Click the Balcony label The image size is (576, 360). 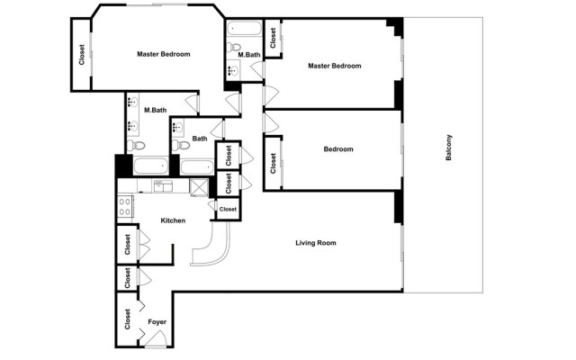449,148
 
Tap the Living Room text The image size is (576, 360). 316,243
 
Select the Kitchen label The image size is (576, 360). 173,220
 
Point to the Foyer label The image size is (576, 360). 157,321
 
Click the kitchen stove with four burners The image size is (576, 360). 124,206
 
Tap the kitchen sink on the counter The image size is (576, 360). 162,186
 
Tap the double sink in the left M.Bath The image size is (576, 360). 133,103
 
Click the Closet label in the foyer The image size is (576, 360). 127,320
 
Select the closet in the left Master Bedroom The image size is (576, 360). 81,55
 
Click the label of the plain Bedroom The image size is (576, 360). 338,149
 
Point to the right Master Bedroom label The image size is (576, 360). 334,66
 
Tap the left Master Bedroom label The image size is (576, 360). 163,54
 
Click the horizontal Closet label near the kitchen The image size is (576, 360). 228,209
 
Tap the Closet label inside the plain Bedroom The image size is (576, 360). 272,163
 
